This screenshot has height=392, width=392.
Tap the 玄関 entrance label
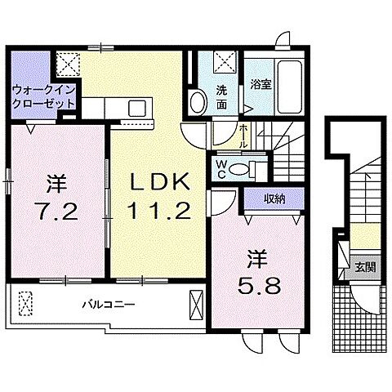(360, 266)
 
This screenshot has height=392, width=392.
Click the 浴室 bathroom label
(260, 83)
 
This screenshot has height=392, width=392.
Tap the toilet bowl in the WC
(238, 168)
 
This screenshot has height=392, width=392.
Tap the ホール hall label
(242, 134)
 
